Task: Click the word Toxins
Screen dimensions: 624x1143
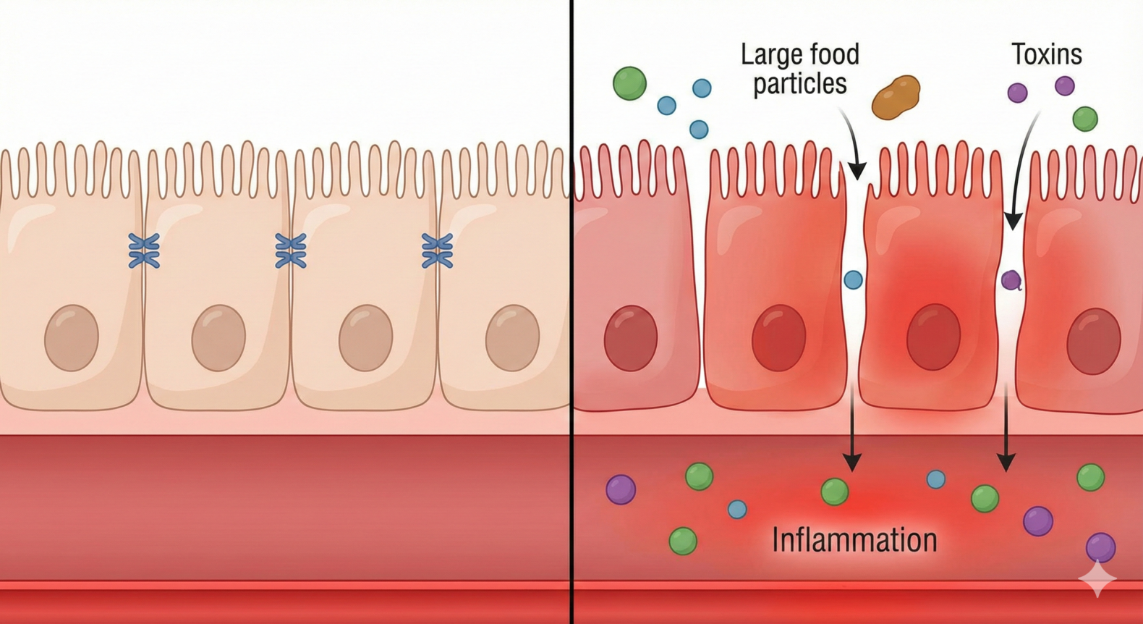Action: pos(1046,54)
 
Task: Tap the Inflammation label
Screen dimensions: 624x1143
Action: pos(854,540)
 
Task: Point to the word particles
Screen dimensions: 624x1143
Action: pos(799,84)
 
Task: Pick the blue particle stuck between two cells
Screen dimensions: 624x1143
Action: pos(854,279)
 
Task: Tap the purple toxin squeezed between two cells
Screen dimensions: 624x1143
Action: pos(1011,279)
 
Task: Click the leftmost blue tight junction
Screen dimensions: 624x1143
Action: pos(144,251)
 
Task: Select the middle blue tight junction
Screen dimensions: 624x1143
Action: pos(291,251)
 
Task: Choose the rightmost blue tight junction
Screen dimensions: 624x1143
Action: pos(437,251)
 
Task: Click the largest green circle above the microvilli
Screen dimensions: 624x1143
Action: pos(629,83)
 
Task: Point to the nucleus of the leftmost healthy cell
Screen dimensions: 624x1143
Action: pos(72,338)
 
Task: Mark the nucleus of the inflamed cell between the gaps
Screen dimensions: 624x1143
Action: pos(933,337)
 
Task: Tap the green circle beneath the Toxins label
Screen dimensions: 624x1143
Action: pos(1084,118)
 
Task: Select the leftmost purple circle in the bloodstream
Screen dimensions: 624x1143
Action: pos(621,489)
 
